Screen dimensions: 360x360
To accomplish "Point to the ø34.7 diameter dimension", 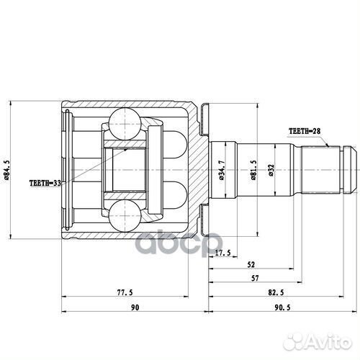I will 229,173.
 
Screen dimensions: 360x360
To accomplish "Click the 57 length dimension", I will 255,277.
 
